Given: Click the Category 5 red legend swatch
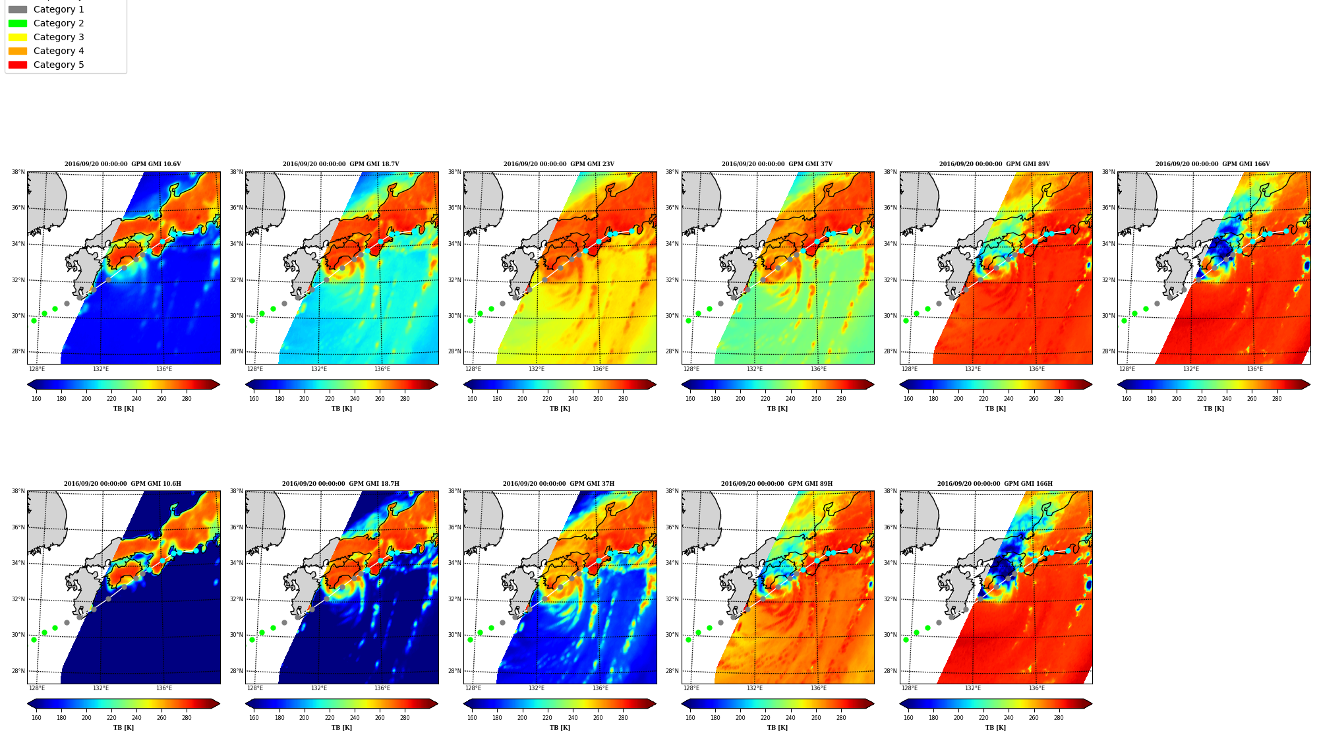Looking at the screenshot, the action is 18,65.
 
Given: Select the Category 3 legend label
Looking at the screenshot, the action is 59,37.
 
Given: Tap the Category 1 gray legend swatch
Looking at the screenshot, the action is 18,9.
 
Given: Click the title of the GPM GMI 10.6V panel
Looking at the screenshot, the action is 123,164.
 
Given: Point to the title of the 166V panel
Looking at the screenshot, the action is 1213,164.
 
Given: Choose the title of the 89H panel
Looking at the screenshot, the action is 776,484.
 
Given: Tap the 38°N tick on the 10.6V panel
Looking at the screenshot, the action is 18,172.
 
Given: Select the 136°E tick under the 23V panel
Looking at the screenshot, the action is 600,369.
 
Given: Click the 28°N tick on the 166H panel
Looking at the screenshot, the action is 891,671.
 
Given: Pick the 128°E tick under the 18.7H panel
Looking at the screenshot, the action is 255,688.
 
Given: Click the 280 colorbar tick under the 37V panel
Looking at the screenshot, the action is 841,399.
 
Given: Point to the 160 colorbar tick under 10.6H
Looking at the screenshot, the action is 36,718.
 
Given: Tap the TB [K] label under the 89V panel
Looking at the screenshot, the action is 995,409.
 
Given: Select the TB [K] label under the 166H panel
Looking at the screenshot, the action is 995,728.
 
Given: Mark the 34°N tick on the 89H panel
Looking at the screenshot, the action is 672,563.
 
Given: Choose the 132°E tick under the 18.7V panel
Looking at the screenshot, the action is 319,369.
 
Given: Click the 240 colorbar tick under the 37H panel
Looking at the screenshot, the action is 572,718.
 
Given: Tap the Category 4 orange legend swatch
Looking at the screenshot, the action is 18,51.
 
